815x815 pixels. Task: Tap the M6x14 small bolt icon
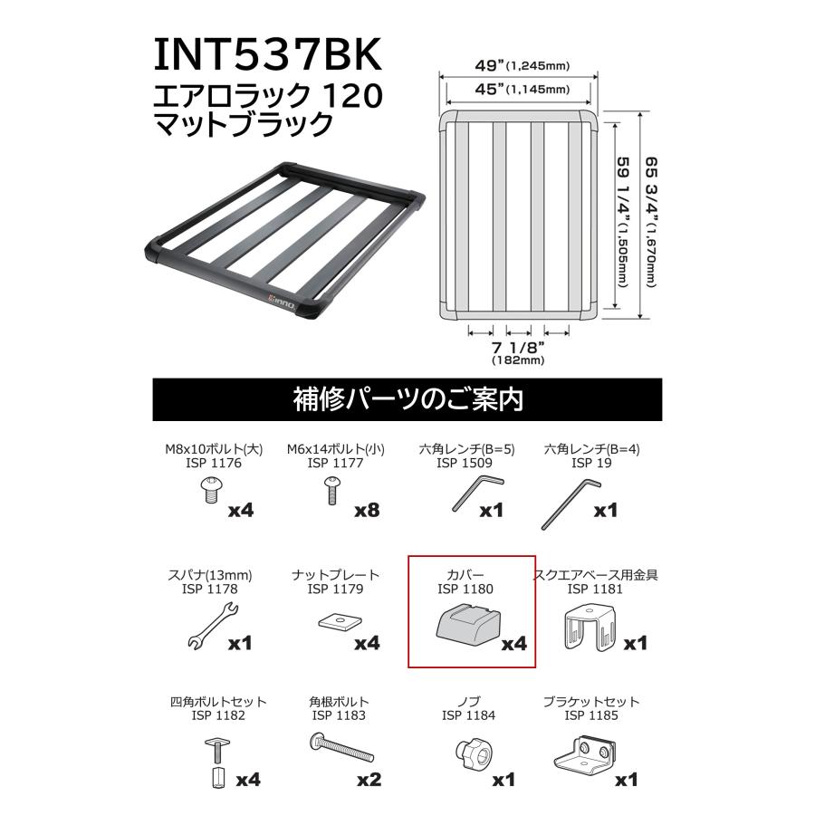point(331,493)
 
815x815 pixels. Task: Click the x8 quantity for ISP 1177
point(367,510)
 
